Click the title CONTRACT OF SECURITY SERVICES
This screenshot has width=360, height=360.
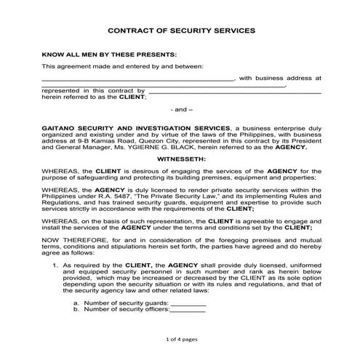click(x=180, y=31)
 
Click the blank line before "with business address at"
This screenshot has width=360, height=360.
click(x=138, y=76)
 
